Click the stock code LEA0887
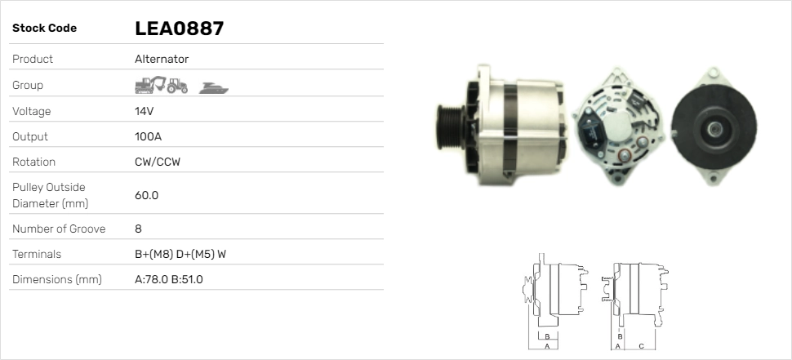(179, 29)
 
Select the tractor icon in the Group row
(176, 86)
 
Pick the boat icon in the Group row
(213, 87)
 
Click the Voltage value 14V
(144, 111)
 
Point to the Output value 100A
(148, 136)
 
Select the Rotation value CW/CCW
(158, 162)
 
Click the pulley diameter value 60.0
(146, 195)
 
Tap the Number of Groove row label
(59, 229)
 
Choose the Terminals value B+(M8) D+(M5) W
(180, 254)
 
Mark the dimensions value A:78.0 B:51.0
(168, 279)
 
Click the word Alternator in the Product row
(162, 59)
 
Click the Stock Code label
(45, 29)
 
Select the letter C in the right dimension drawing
(642, 345)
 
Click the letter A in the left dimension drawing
(547, 345)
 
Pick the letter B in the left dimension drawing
(550, 336)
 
